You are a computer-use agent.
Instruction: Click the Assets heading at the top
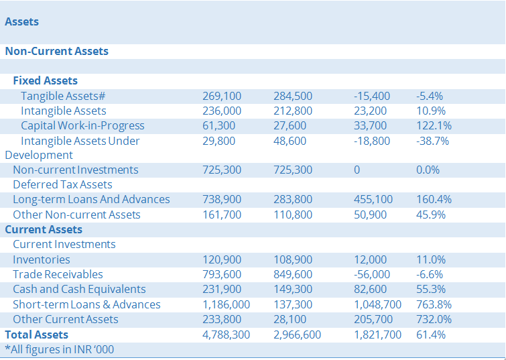click(x=22, y=21)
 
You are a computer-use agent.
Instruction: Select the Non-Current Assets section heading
click(x=57, y=51)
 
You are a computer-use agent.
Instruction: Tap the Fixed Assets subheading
click(x=46, y=80)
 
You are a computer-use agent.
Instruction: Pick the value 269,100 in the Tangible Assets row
click(x=222, y=96)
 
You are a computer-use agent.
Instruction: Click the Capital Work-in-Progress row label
click(x=82, y=125)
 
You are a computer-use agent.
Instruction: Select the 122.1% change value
click(x=434, y=125)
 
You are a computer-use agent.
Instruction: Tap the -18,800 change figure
click(x=371, y=141)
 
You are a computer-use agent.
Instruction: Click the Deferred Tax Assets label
click(x=62, y=184)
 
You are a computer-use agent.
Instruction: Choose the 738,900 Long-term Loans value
click(x=222, y=199)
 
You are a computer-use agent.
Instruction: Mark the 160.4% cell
click(x=434, y=199)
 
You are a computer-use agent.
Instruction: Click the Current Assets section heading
click(x=44, y=229)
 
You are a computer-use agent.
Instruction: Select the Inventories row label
click(x=42, y=259)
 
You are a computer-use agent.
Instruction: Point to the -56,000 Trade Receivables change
click(x=371, y=274)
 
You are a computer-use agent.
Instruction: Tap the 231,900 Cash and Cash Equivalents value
click(x=222, y=289)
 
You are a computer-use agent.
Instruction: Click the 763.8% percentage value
click(x=434, y=304)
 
